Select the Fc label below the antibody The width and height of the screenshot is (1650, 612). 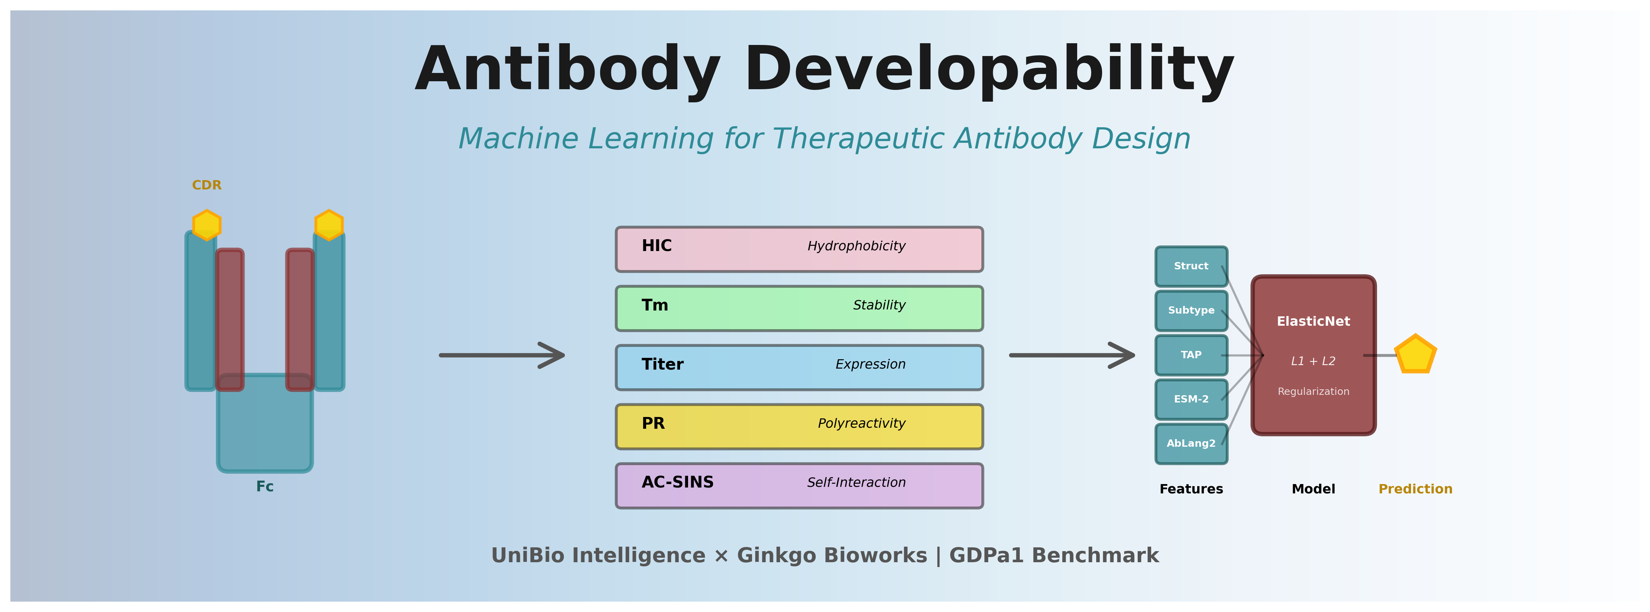coord(265,486)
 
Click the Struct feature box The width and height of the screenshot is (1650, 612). coord(1191,266)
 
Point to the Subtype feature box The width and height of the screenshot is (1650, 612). coord(1191,310)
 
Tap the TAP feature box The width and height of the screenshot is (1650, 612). coord(1191,355)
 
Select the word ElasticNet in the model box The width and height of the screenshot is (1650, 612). coord(1313,321)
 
